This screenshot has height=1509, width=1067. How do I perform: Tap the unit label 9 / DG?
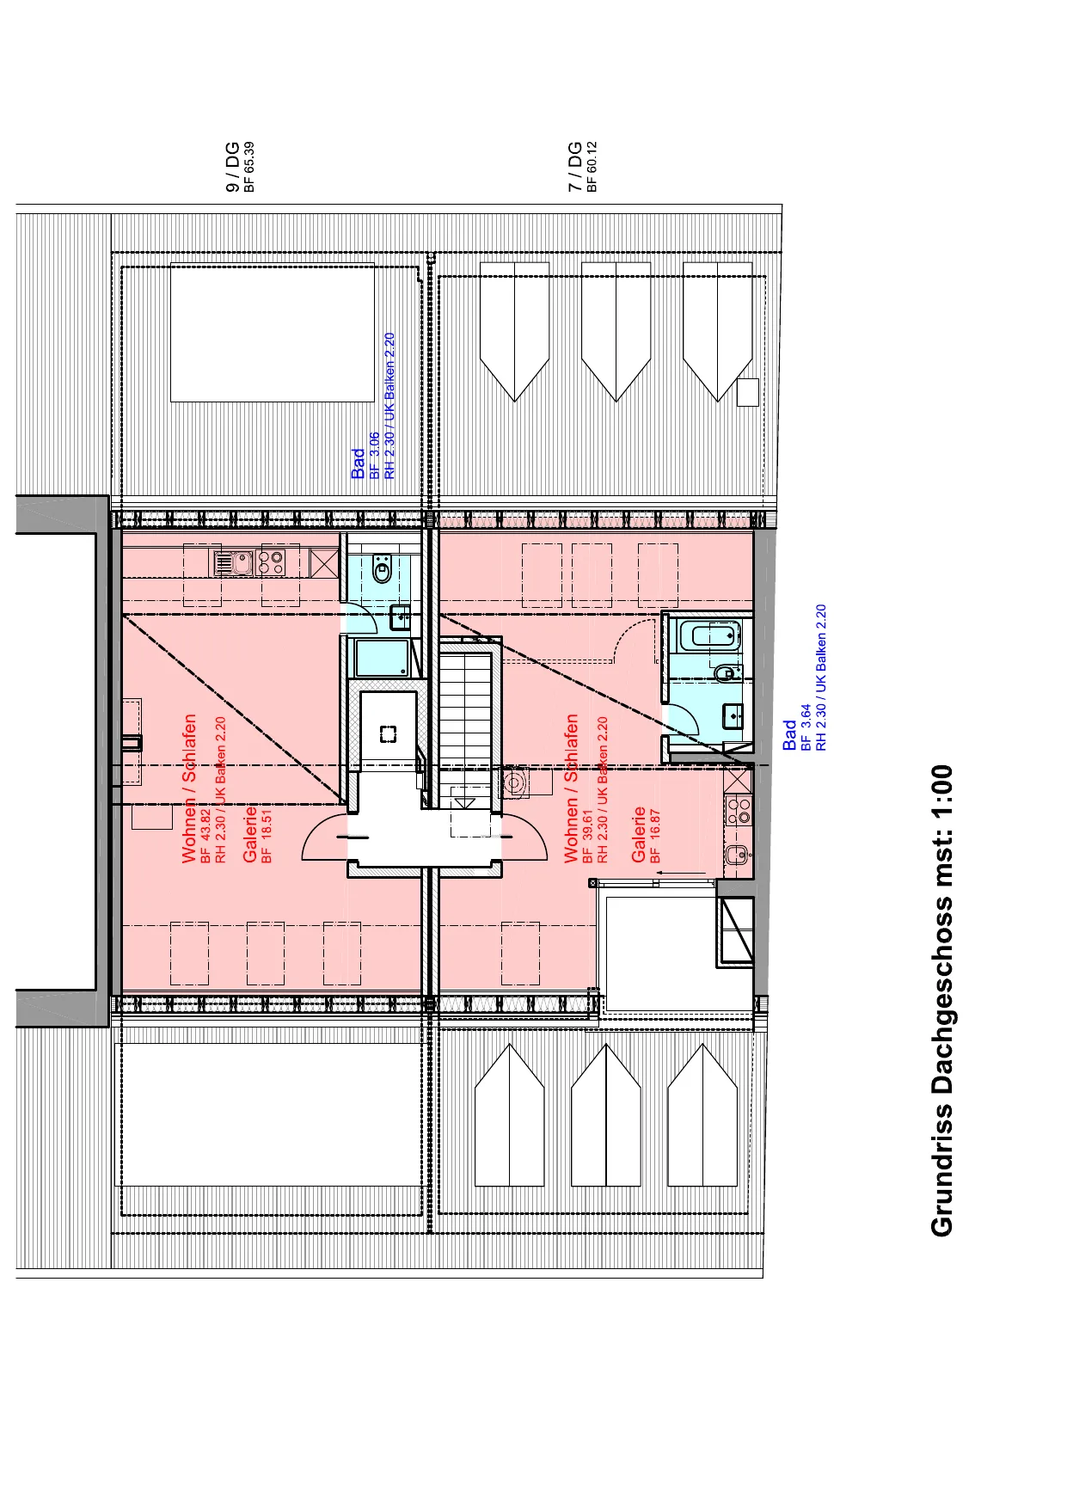pos(232,167)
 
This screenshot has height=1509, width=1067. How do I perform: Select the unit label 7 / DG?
pos(575,167)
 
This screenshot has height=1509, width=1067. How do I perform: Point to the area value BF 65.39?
pos(249,167)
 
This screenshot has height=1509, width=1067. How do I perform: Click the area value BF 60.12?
pos(592,167)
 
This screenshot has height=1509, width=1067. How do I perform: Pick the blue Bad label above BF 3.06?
pos(359,464)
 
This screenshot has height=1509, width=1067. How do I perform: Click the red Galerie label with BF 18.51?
pos(250,835)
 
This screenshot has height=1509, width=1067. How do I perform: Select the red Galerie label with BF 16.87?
pos(639,835)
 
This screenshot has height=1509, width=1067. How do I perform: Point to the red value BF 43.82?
pos(205,836)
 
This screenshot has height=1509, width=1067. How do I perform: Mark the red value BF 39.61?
pos(587,836)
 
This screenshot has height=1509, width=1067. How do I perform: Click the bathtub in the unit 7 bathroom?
pos(710,636)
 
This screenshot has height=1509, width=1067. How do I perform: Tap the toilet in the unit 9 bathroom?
pos(383,568)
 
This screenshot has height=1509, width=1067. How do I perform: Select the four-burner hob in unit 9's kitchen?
pos(273,563)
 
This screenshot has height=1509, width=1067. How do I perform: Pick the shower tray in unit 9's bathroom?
pos(383,658)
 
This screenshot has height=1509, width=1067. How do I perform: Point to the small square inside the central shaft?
pos(389,734)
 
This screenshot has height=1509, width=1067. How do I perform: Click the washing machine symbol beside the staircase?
pos(515,783)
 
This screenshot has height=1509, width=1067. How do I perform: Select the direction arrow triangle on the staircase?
pos(465,803)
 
